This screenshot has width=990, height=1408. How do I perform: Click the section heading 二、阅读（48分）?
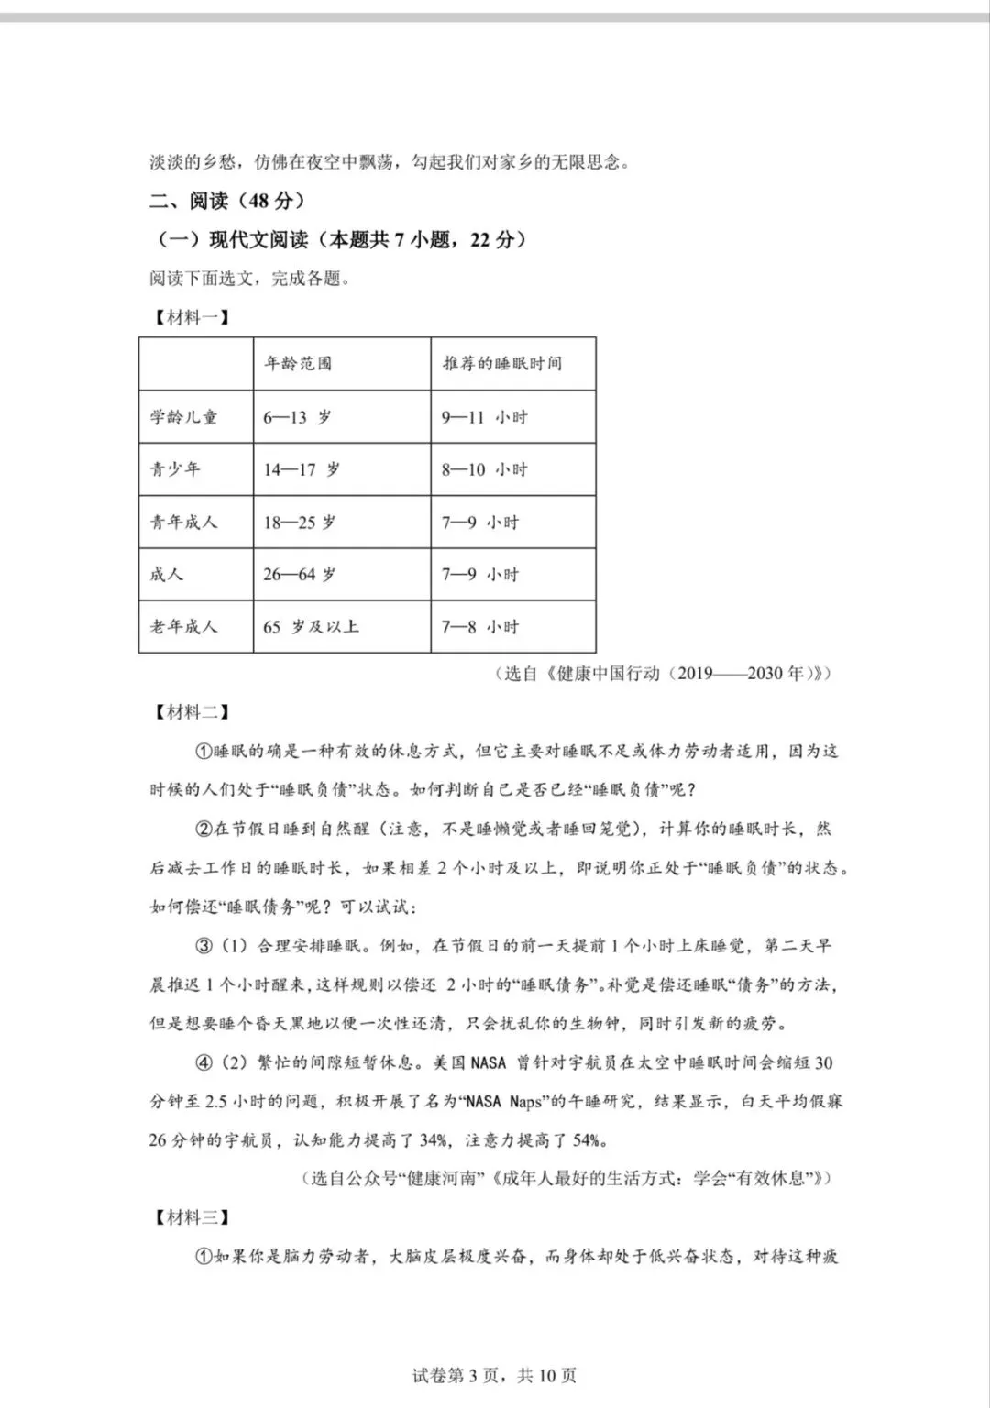[227, 201]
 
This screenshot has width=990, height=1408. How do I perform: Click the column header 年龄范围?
[298, 364]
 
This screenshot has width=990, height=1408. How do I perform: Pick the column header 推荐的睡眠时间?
[501, 364]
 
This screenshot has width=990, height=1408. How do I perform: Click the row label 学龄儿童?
[184, 417]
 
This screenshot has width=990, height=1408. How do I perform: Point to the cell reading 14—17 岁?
[302, 469]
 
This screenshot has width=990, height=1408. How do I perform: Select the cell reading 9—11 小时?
[484, 417]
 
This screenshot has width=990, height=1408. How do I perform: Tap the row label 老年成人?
[184, 627]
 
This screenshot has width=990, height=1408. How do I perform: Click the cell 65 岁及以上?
[311, 627]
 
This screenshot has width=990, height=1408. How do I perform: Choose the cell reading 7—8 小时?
[479, 627]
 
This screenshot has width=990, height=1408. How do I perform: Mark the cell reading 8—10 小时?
[484, 469]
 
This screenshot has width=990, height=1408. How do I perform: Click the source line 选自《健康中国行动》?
[667, 674]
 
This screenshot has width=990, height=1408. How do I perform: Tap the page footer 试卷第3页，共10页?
[495, 1375]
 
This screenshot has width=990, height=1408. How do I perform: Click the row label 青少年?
[175, 469]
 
